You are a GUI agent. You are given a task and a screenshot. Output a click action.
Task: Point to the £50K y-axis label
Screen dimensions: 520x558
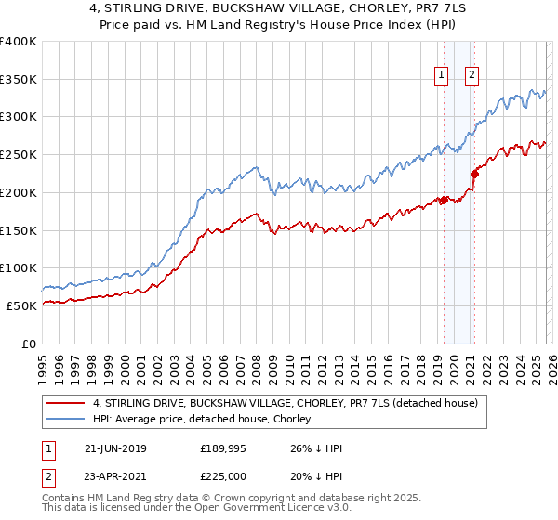pyautogui.click(x=20, y=305)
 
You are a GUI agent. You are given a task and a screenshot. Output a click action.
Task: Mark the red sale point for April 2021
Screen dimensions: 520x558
pyautogui.click(x=474, y=173)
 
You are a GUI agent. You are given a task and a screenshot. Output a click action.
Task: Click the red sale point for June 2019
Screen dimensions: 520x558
pyautogui.click(x=445, y=200)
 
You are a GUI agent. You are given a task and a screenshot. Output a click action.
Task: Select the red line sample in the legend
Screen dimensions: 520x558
pyautogui.click(x=67, y=403)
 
